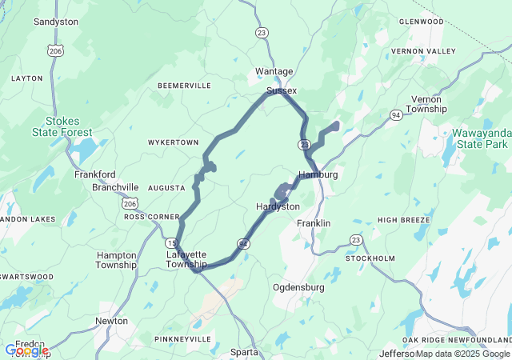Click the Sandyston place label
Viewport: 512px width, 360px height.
click(x=55, y=22)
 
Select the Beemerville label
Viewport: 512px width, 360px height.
click(x=184, y=85)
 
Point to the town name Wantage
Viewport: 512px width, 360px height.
click(x=274, y=71)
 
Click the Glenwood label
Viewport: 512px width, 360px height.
click(x=421, y=22)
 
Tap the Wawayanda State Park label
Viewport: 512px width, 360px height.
click(x=480, y=138)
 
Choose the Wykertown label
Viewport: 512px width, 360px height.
click(x=173, y=142)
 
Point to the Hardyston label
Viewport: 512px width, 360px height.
click(x=277, y=206)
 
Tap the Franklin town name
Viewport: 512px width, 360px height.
click(x=314, y=223)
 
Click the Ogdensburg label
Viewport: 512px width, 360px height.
click(x=298, y=286)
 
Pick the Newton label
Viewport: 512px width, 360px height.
click(x=111, y=321)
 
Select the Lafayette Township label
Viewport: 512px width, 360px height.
click(x=186, y=259)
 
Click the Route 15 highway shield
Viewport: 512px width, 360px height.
click(x=171, y=242)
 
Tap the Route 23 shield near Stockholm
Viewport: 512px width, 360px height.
click(x=356, y=240)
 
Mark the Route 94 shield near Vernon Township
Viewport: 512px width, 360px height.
click(x=395, y=115)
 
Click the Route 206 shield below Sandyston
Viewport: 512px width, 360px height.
click(x=54, y=50)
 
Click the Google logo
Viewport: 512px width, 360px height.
click(x=26, y=350)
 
